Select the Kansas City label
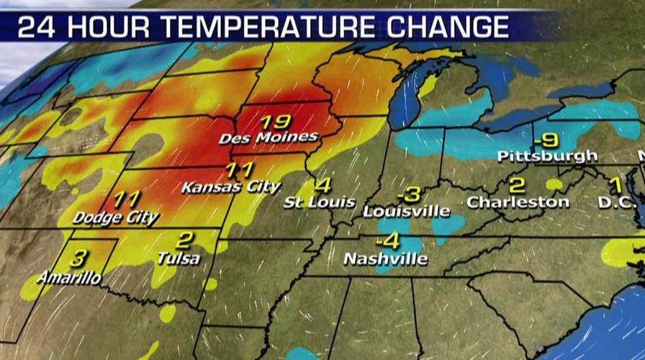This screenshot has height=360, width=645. point(230,187)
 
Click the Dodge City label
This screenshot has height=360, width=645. point(117,217)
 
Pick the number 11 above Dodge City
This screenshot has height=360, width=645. point(124,199)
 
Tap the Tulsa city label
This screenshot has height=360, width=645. point(178,258)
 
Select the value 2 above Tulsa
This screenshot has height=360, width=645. point(184,240)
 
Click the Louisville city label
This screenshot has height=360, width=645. point(407,211)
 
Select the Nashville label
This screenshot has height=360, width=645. point(385,258)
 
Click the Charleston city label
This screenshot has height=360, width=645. point(518,202)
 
